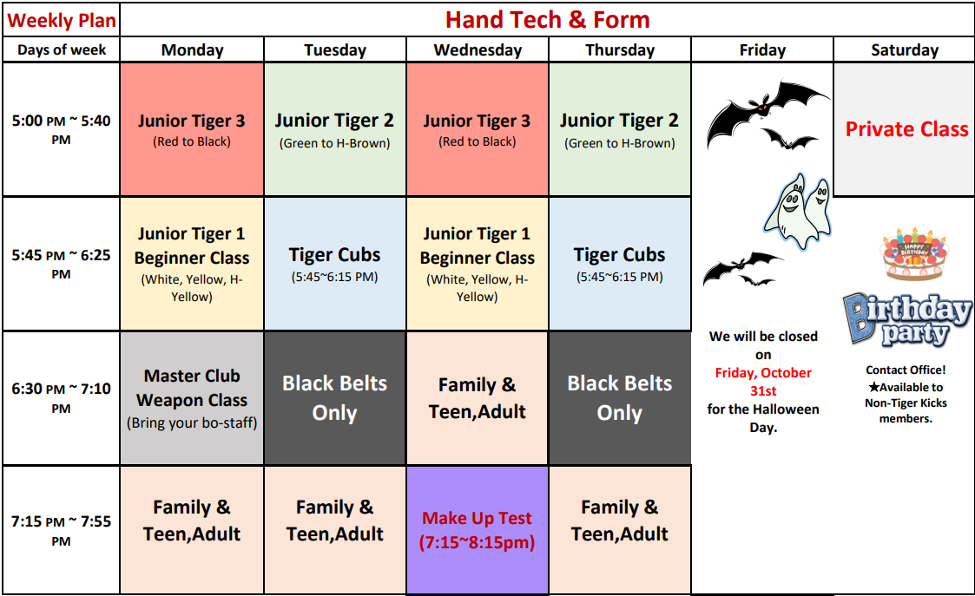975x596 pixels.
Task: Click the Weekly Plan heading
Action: [61, 20]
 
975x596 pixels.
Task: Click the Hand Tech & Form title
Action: [547, 19]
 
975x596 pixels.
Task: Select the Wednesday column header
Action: [477, 50]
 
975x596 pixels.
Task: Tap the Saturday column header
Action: [904, 50]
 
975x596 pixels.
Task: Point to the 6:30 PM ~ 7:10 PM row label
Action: [61, 397]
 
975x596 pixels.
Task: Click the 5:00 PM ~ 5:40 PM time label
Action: [61, 128]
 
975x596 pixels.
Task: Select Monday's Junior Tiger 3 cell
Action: [192, 129]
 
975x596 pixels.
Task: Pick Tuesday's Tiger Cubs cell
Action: [334, 264]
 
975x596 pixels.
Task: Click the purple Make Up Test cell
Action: [477, 530]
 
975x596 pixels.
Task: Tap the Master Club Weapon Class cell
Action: [192, 398]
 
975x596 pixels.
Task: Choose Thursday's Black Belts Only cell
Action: [619, 398]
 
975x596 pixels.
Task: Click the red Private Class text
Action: [906, 129]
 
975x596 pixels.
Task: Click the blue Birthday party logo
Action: [906, 318]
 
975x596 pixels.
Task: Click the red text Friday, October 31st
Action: [763, 382]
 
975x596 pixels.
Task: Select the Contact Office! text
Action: [906, 370]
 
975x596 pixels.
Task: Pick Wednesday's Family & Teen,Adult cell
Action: [477, 398]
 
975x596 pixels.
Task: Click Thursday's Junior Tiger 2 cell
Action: [619, 129]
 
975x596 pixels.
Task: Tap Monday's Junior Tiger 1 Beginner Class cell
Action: [192, 264]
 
